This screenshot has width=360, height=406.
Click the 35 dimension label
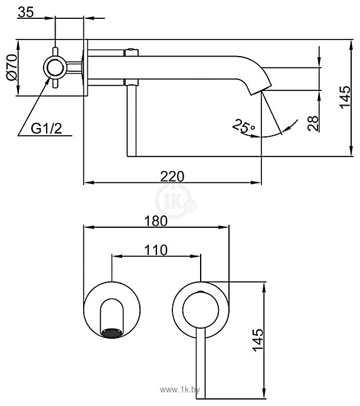click(x=25, y=11)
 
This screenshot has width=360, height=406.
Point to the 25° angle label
click(x=244, y=125)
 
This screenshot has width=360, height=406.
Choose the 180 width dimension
click(x=155, y=220)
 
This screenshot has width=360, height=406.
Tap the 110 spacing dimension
click(x=155, y=250)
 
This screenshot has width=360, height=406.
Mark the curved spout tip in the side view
click(x=257, y=86)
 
